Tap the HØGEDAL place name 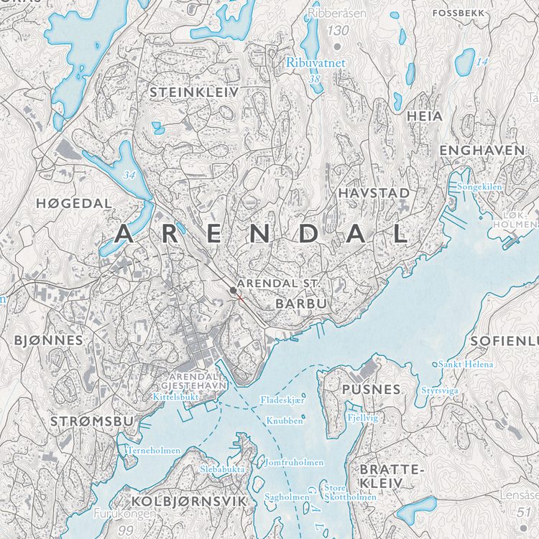click(x=74, y=204)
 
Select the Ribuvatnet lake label click(x=315, y=63)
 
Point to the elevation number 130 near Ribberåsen click(x=337, y=30)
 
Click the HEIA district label click(x=424, y=116)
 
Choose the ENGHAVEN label click(x=482, y=150)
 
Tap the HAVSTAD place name click(x=374, y=194)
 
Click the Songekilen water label click(x=479, y=187)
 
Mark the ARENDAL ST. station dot click(x=232, y=290)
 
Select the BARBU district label click(x=301, y=304)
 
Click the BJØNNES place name click(x=48, y=339)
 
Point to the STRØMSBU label click(x=92, y=421)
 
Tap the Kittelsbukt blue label click(x=175, y=396)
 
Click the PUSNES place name click(x=372, y=389)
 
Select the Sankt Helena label click(x=466, y=365)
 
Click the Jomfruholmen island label click(x=294, y=463)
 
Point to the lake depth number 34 click(x=129, y=175)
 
